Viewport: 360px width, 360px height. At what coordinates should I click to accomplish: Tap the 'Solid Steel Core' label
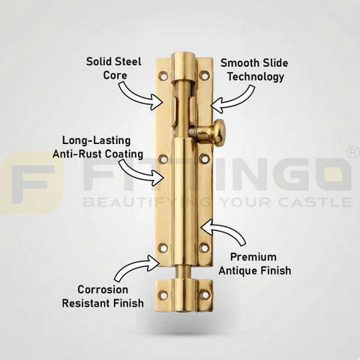[114, 68]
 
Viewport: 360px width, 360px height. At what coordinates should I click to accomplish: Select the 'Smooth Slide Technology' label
[254, 70]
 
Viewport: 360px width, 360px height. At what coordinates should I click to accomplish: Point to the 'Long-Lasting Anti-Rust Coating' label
[97, 147]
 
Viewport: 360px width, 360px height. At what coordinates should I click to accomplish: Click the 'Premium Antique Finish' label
[255, 264]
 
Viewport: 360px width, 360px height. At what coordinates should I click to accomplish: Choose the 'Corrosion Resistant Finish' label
[103, 296]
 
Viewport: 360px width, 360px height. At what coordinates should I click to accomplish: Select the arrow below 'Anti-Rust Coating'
[140, 172]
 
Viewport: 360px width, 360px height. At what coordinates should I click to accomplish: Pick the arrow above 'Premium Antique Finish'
[225, 230]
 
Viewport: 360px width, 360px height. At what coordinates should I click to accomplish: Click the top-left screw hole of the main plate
[163, 75]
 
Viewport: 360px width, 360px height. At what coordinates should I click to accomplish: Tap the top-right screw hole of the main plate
[205, 75]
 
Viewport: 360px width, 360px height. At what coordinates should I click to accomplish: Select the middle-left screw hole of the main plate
[163, 159]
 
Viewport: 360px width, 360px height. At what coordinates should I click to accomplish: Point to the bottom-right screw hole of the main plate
[205, 247]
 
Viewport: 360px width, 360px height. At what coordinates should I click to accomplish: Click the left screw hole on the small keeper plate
[163, 295]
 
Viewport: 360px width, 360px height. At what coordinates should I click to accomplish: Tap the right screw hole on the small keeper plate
[205, 295]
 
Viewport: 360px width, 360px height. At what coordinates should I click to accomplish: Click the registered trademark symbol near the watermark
[354, 153]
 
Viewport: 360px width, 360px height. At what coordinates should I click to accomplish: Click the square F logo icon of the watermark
[31, 183]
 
